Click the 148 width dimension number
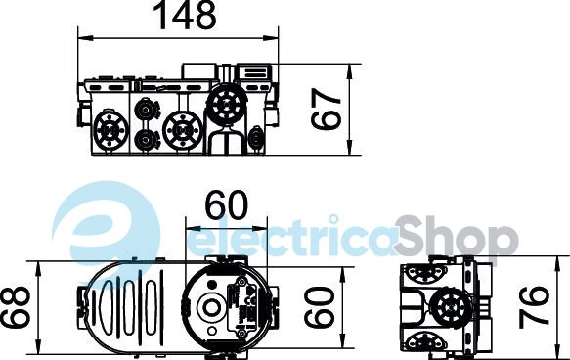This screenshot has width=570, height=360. click(186, 15)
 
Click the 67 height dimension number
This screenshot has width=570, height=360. click(327, 110)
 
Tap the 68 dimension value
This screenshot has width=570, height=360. click(15, 307)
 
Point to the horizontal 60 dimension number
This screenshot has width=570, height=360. click(226, 204)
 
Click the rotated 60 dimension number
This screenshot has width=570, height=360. click(319, 307)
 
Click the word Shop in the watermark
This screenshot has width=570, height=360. click(457, 236)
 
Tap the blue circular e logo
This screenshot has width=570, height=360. click(106, 229)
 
